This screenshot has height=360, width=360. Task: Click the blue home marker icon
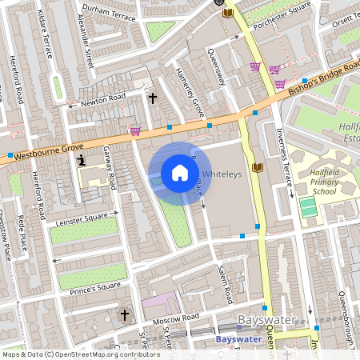pyautogui.click(x=180, y=173)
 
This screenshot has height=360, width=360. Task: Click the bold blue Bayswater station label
pyautogui.click(x=238, y=338)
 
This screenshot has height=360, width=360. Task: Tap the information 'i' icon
pyautogui.click(x=81, y=161)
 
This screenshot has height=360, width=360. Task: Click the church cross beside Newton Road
pyautogui.click(x=152, y=98)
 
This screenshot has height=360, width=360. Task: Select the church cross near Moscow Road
pyautogui.click(x=124, y=315)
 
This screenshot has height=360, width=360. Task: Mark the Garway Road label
pyautogui.click(x=112, y=171)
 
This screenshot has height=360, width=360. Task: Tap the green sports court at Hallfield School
pyautogui.click(x=308, y=206)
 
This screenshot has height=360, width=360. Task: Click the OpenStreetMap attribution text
pyautogui.click(x=80, y=354)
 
